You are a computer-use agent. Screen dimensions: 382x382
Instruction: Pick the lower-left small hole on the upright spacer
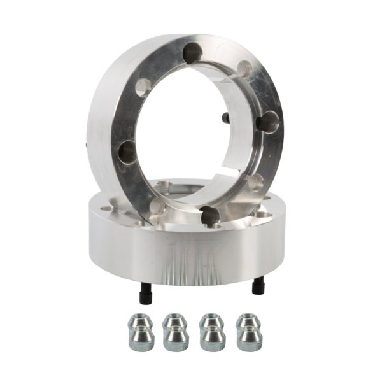tap(155, 205)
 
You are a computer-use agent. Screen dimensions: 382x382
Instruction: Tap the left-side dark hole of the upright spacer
tap(128, 152)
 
